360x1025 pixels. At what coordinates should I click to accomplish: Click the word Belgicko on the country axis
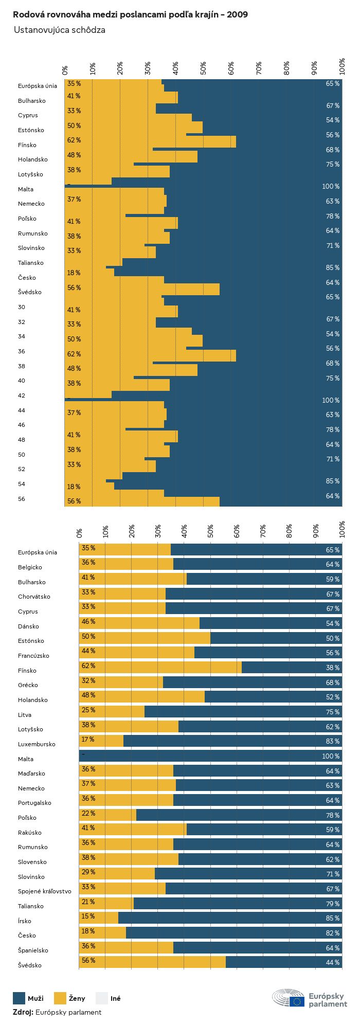point(30,567)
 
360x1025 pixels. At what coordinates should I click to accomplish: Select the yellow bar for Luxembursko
point(101,741)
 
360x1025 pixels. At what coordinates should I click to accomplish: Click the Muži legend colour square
point(19,998)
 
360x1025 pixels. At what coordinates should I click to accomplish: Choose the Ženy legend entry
point(77,999)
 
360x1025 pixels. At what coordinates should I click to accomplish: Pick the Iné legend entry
point(115,999)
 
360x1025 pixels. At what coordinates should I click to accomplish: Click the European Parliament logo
point(310,999)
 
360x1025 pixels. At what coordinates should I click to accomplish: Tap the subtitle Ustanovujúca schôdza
point(60,30)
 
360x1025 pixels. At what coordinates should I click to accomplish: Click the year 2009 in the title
point(238,14)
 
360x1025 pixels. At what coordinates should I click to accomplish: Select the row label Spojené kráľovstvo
point(45,891)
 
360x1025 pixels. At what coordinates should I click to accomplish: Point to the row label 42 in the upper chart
point(22,395)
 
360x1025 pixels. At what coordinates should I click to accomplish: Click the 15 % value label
point(88,916)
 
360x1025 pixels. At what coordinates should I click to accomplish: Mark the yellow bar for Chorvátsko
point(122,594)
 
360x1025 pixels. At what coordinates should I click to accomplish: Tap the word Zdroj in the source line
point(23,1012)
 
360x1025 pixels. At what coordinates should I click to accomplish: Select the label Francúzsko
point(33,656)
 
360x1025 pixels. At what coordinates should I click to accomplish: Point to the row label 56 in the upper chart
point(22,499)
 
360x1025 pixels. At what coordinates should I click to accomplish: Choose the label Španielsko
point(33,950)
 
